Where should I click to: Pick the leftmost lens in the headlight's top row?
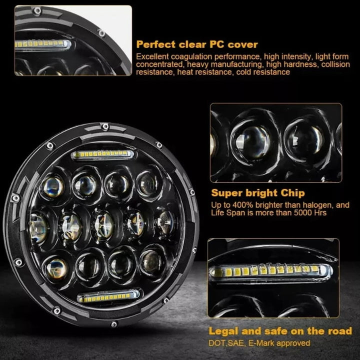pos(53,185)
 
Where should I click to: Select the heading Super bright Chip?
pos(257,193)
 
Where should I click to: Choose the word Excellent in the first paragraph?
pos(152,56)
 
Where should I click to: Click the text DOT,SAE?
pos(226,343)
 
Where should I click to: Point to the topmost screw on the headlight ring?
pos(104,126)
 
